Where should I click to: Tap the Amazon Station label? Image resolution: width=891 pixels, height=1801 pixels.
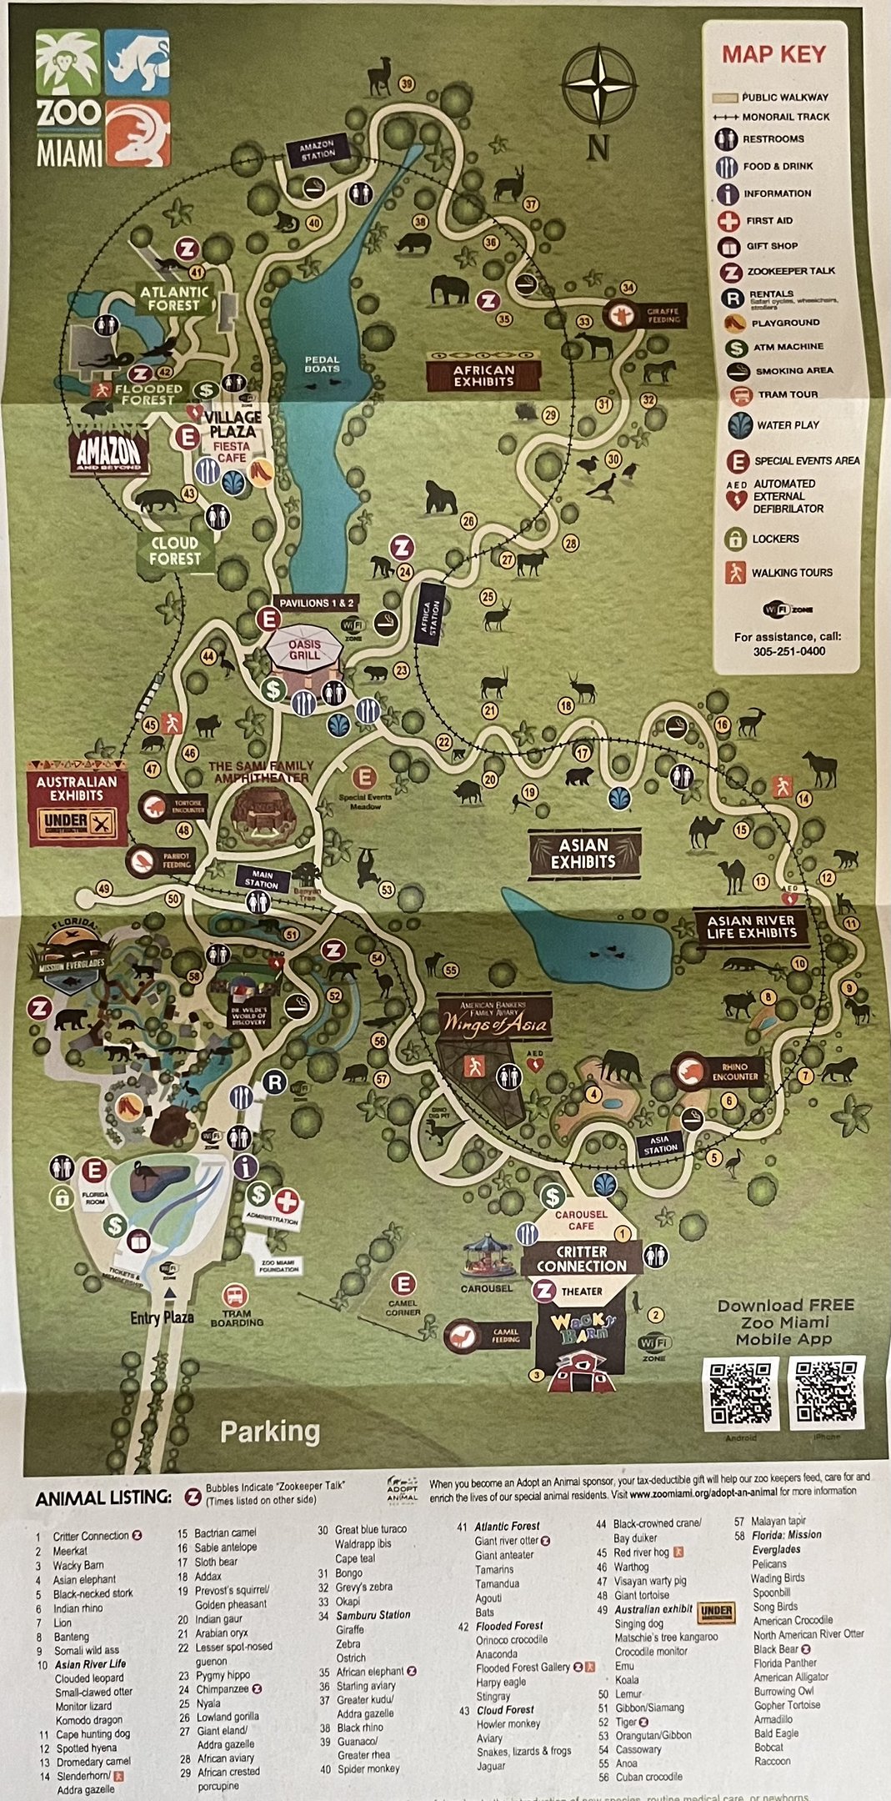click(317, 150)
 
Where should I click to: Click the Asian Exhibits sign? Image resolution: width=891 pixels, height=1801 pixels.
click(583, 853)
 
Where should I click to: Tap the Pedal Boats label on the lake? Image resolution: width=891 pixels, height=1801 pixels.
click(322, 364)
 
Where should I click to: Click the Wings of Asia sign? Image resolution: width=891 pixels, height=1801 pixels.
click(495, 1022)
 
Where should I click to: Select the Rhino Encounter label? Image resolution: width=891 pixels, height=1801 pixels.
click(717, 1071)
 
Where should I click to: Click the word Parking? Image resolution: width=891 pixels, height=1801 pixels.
click(270, 1432)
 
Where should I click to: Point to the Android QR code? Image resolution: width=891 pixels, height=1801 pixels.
click(740, 1393)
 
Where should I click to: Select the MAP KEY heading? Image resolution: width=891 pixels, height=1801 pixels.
click(773, 55)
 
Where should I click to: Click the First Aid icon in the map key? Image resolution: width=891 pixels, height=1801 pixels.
click(729, 221)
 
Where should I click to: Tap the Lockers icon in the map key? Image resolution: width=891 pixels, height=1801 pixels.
click(734, 539)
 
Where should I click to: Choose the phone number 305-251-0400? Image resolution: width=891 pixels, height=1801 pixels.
click(788, 651)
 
